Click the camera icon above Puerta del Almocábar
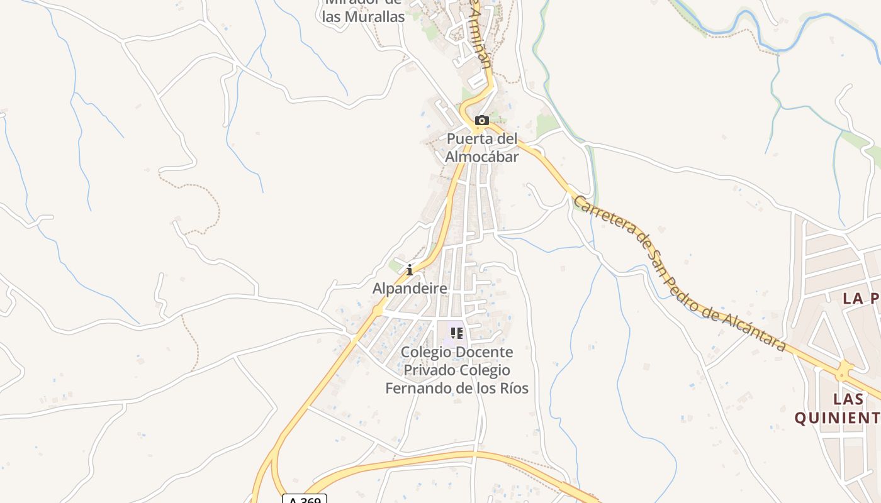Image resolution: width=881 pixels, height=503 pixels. [x=482, y=120]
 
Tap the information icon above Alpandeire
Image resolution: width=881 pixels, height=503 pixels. [x=410, y=270]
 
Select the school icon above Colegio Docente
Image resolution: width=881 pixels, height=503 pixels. [x=457, y=333]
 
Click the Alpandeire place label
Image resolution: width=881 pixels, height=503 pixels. [x=410, y=289]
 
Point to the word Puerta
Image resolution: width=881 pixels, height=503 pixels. [x=468, y=138]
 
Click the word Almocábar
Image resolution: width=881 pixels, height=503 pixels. [x=482, y=157]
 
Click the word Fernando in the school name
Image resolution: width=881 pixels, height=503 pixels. [x=420, y=389]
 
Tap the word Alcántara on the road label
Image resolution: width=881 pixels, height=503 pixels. [x=755, y=329]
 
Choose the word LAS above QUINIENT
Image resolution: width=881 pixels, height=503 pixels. [x=848, y=399]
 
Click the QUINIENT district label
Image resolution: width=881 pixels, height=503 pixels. [x=837, y=418]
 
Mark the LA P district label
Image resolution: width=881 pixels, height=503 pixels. [x=861, y=299]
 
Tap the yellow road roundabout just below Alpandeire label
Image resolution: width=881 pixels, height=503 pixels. [x=378, y=310]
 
